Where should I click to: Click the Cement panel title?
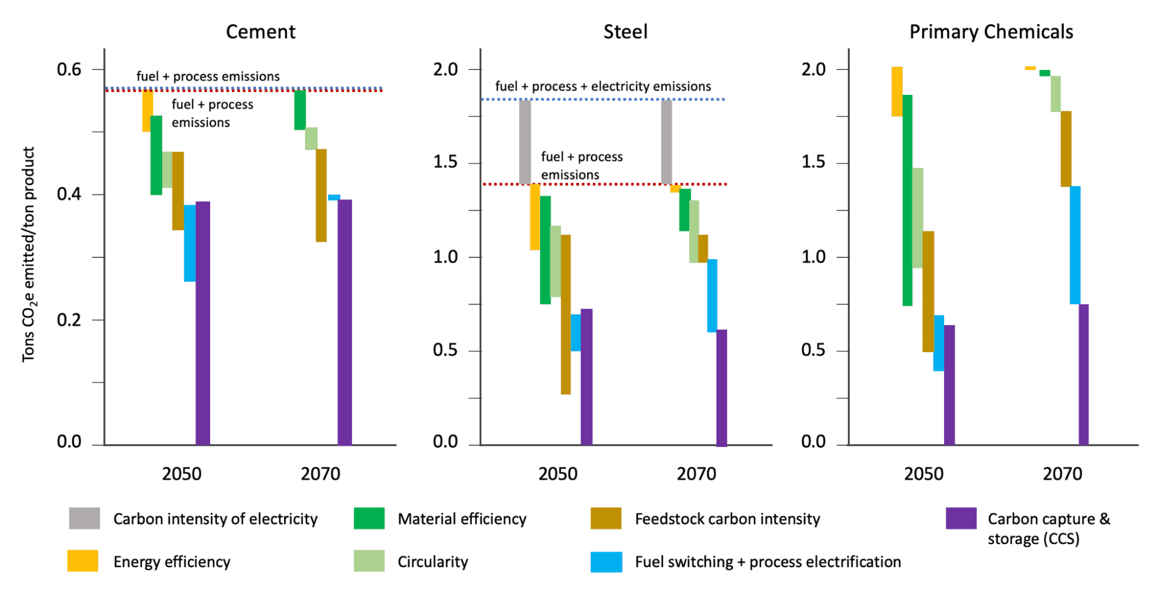coord(260,32)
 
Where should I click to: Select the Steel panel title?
coord(625,32)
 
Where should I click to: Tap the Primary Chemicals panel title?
coord(991,32)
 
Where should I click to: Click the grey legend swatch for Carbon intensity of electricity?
coord(84,518)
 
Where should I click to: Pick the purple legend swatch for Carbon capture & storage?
coord(961,518)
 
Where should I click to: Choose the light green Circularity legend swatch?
coord(369,561)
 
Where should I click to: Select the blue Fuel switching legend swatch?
coord(606,561)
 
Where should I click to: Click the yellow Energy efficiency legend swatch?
coord(83,561)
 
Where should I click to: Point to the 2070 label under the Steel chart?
coord(696,474)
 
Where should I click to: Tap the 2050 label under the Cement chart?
coord(182,474)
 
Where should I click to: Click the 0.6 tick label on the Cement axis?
coord(69,69)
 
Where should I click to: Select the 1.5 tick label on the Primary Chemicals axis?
coord(813,162)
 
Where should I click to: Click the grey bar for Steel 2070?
coord(667,142)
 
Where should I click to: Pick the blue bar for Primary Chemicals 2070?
coord(1075,245)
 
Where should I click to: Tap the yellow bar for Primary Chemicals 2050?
coord(897,91)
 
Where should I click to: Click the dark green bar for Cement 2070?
coord(300,110)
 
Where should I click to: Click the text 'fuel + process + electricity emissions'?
coord(603,86)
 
